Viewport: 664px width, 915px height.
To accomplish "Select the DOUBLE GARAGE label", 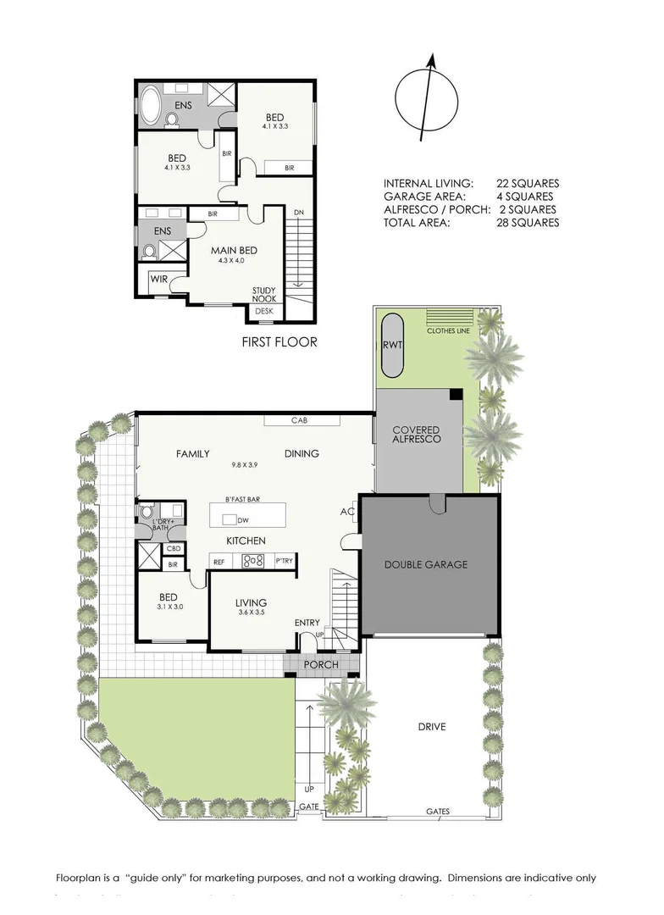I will pos(426,564).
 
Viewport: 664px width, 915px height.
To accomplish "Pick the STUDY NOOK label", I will pos(264,295).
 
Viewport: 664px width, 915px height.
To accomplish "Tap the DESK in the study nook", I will pos(264,312).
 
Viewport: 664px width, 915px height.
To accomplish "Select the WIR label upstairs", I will pos(158,279).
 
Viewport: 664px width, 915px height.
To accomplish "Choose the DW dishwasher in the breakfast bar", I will pos(242,519).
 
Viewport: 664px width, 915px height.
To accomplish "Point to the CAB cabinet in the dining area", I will pos(298,420).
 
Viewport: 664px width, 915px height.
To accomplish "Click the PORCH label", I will pos(323,665).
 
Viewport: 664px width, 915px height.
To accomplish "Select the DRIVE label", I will pos(431,727).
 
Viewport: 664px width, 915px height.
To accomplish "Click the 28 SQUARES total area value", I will pos(528,223).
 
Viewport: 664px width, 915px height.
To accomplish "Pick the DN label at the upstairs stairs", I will pos(299,212).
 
